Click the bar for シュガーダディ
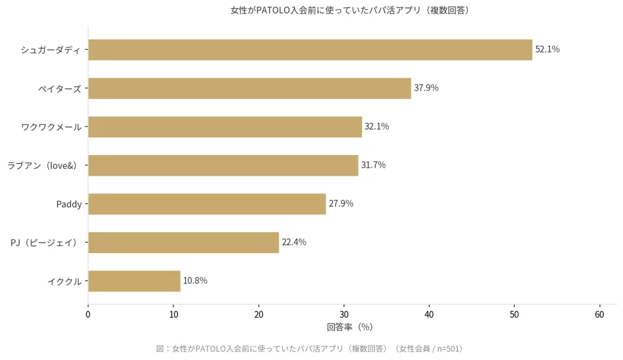click(310, 50)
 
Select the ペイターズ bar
click(249, 88)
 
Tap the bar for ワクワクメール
click(225, 127)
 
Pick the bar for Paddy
click(207, 204)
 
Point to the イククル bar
click(134, 281)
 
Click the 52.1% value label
click(548, 50)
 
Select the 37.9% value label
click(426, 88)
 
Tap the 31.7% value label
click(374, 165)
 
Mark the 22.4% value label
click(294, 242)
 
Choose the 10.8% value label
click(195, 281)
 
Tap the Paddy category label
click(69, 204)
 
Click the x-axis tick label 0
click(88, 314)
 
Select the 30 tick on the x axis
click(344, 314)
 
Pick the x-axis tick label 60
click(600, 314)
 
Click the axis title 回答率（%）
click(349, 327)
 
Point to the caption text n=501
click(449, 349)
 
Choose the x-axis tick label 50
click(515, 314)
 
